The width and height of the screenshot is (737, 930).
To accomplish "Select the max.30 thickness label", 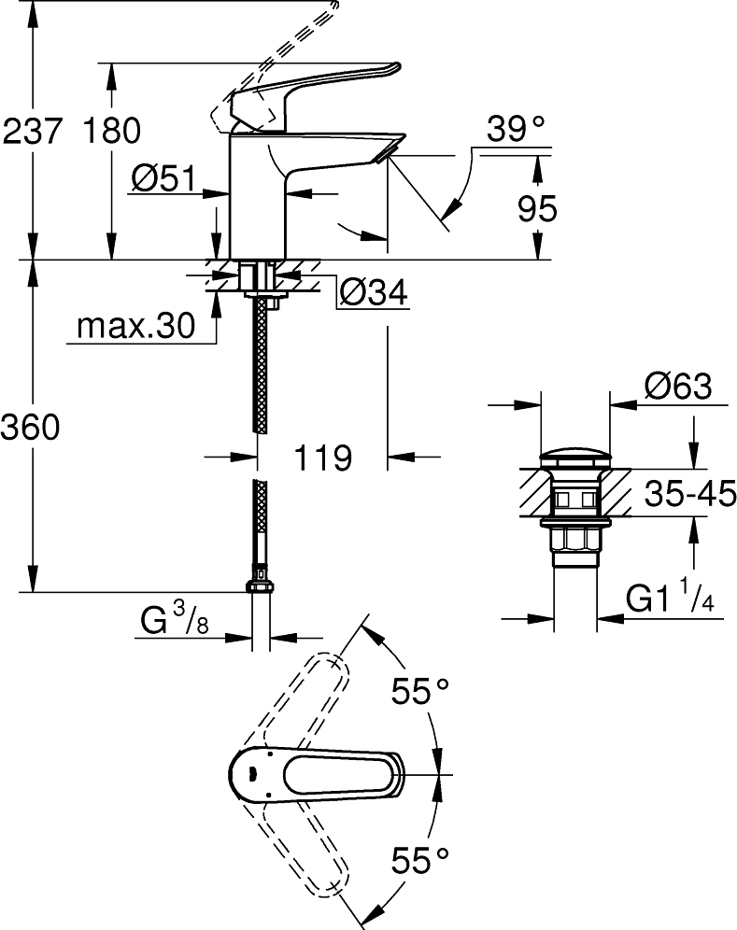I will (135, 327).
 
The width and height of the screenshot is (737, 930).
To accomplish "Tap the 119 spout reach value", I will (322, 458).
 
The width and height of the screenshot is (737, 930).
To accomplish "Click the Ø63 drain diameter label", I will (677, 387).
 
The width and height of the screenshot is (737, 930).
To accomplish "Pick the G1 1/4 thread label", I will (669, 599).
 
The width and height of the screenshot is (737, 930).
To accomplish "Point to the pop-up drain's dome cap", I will (574, 458).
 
